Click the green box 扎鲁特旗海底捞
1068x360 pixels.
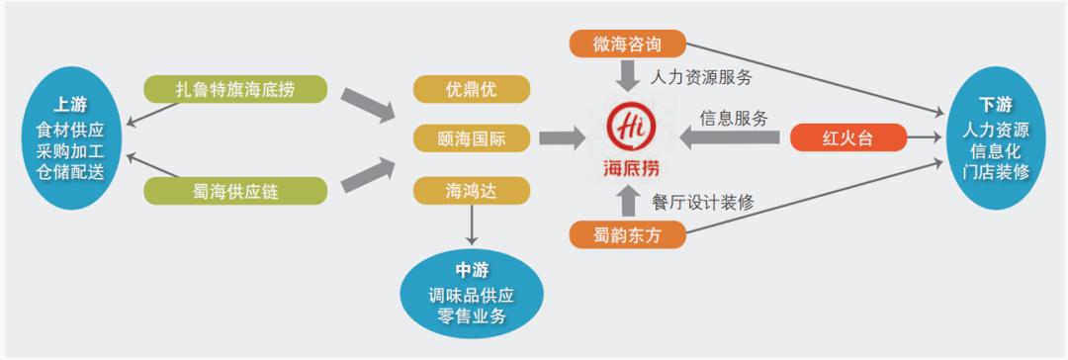tap(234, 89)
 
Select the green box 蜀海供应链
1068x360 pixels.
tap(234, 191)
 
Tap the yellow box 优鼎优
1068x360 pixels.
tap(471, 89)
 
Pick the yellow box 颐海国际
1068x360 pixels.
tap(471, 137)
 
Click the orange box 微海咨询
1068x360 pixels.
tap(627, 45)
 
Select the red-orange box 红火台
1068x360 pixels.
tap(847, 137)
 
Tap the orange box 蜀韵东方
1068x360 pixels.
tap(627, 235)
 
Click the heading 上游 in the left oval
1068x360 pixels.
tap(68, 103)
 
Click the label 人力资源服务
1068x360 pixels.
tap(702, 75)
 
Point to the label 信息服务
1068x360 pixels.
tap(734, 117)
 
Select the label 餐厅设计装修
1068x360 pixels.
tap(702, 202)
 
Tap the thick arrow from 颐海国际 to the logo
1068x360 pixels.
tap(562, 138)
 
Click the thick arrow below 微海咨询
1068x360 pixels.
tap(628, 75)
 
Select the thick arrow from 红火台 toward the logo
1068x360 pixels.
tap(732, 138)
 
